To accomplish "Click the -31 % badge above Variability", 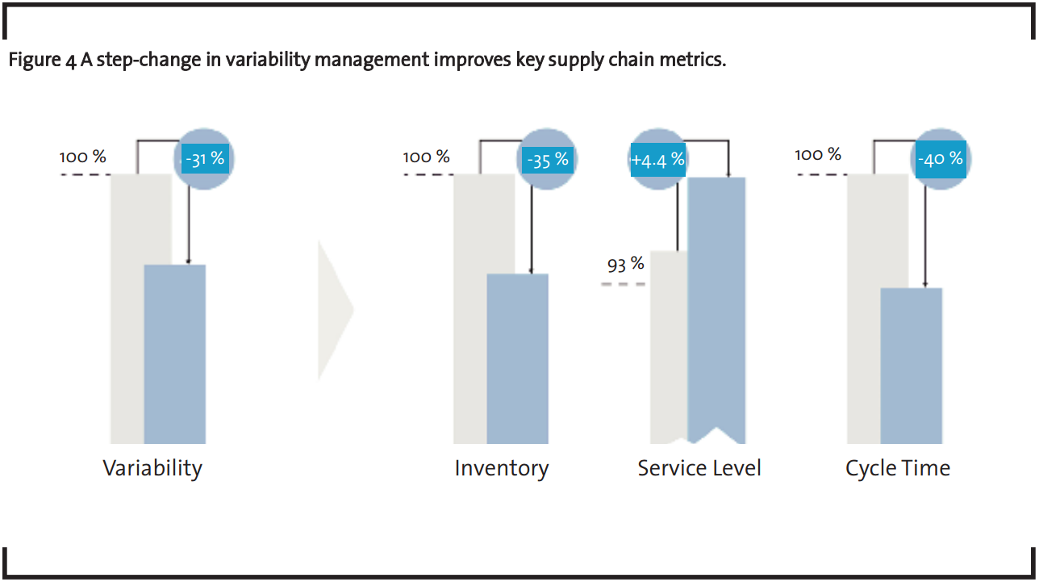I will (x=205, y=159).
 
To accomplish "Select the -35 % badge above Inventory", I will (x=548, y=160).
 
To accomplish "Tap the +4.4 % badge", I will (x=657, y=160).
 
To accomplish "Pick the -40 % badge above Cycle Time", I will (x=941, y=158).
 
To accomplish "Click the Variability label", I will (x=152, y=468).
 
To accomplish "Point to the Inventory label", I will (x=501, y=468).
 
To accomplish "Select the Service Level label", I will (x=699, y=468).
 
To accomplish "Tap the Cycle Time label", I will (x=898, y=468).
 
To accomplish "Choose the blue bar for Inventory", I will (x=518, y=358).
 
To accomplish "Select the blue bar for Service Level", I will (x=716, y=307).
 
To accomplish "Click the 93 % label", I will (x=626, y=264).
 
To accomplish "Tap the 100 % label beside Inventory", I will (x=426, y=157).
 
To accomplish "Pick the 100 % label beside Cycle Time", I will (x=818, y=154).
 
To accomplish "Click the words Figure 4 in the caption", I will (x=42, y=61).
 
